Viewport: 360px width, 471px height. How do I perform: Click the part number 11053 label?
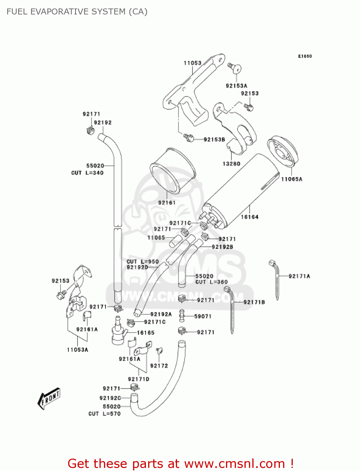pyautogui.click(x=192, y=63)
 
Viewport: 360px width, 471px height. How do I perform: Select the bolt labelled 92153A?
pyautogui.click(x=235, y=68)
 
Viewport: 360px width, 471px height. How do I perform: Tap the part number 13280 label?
pyautogui.click(x=231, y=164)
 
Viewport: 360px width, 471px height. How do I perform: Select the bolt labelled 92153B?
pyautogui.click(x=189, y=138)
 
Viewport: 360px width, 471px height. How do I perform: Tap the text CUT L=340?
pyautogui.click(x=87, y=173)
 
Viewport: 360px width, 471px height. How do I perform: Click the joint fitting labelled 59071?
pyautogui.click(x=181, y=316)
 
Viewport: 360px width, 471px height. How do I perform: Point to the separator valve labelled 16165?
pyautogui.click(x=119, y=333)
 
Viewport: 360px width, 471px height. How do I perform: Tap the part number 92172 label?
pyautogui.click(x=159, y=365)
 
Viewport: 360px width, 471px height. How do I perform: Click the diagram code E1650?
pyautogui.click(x=305, y=56)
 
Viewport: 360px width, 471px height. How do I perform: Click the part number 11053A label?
pyautogui.click(x=78, y=349)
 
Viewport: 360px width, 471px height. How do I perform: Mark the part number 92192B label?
pyautogui.click(x=222, y=247)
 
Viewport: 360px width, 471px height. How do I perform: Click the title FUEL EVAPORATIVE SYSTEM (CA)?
pyautogui.click(x=77, y=12)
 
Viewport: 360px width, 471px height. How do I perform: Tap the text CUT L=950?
pyautogui.click(x=142, y=262)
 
